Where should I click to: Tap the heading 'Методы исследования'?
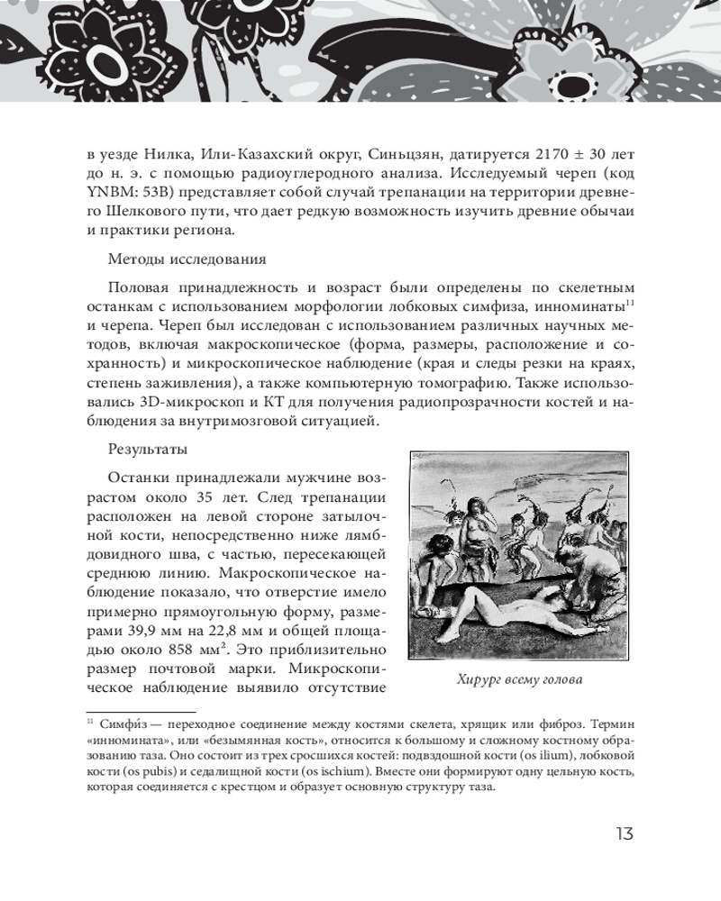[187, 259]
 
